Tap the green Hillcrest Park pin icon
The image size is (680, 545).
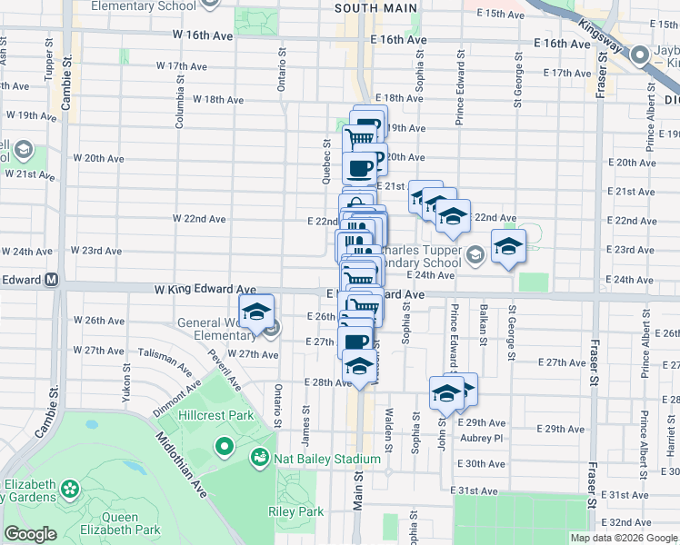225,447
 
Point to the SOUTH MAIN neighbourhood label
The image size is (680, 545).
375,8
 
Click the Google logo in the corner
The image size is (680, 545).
30,534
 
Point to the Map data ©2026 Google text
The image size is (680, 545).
625,538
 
